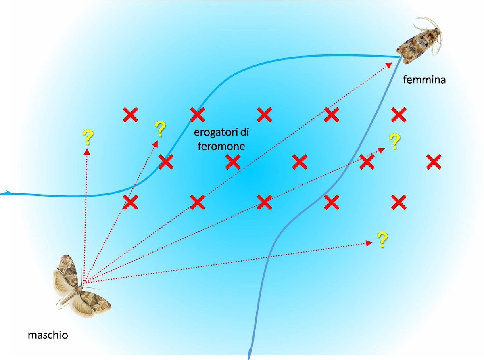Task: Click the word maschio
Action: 48,335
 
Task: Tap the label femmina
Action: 424,80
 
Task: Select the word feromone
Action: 221,146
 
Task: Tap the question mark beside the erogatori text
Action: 160,129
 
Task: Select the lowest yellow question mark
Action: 382,240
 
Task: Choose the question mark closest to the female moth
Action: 394,142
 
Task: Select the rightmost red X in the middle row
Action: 434,162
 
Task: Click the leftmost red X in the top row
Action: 130,115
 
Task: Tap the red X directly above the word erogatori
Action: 198,115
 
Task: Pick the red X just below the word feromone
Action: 232,162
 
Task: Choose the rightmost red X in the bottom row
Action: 398,202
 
